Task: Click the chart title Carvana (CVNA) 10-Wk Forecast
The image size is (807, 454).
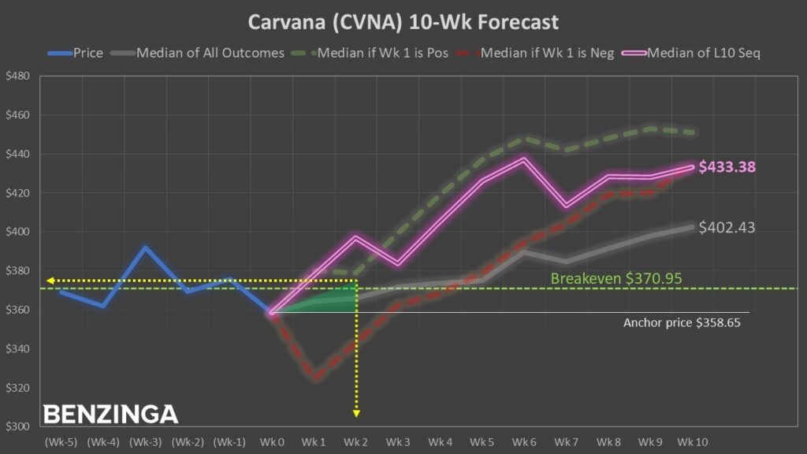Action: pyautogui.click(x=403, y=21)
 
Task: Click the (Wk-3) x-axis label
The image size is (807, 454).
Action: pyautogui.click(x=145, y=442)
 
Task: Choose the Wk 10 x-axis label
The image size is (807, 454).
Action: pyautogui.click(x=693, y=442)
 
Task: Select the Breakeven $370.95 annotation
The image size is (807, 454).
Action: pyautogui.click(x=616, y=278)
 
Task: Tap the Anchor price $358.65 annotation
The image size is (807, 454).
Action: pyautogui.click(x=682, y=322)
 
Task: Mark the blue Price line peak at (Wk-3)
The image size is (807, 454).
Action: pyautogui.click(x=145, y=247)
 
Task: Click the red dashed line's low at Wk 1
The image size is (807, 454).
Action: pyautogui.click(x=316, y=379)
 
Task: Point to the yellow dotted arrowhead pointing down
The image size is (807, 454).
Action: pyautogui.click(x=356, y=412)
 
